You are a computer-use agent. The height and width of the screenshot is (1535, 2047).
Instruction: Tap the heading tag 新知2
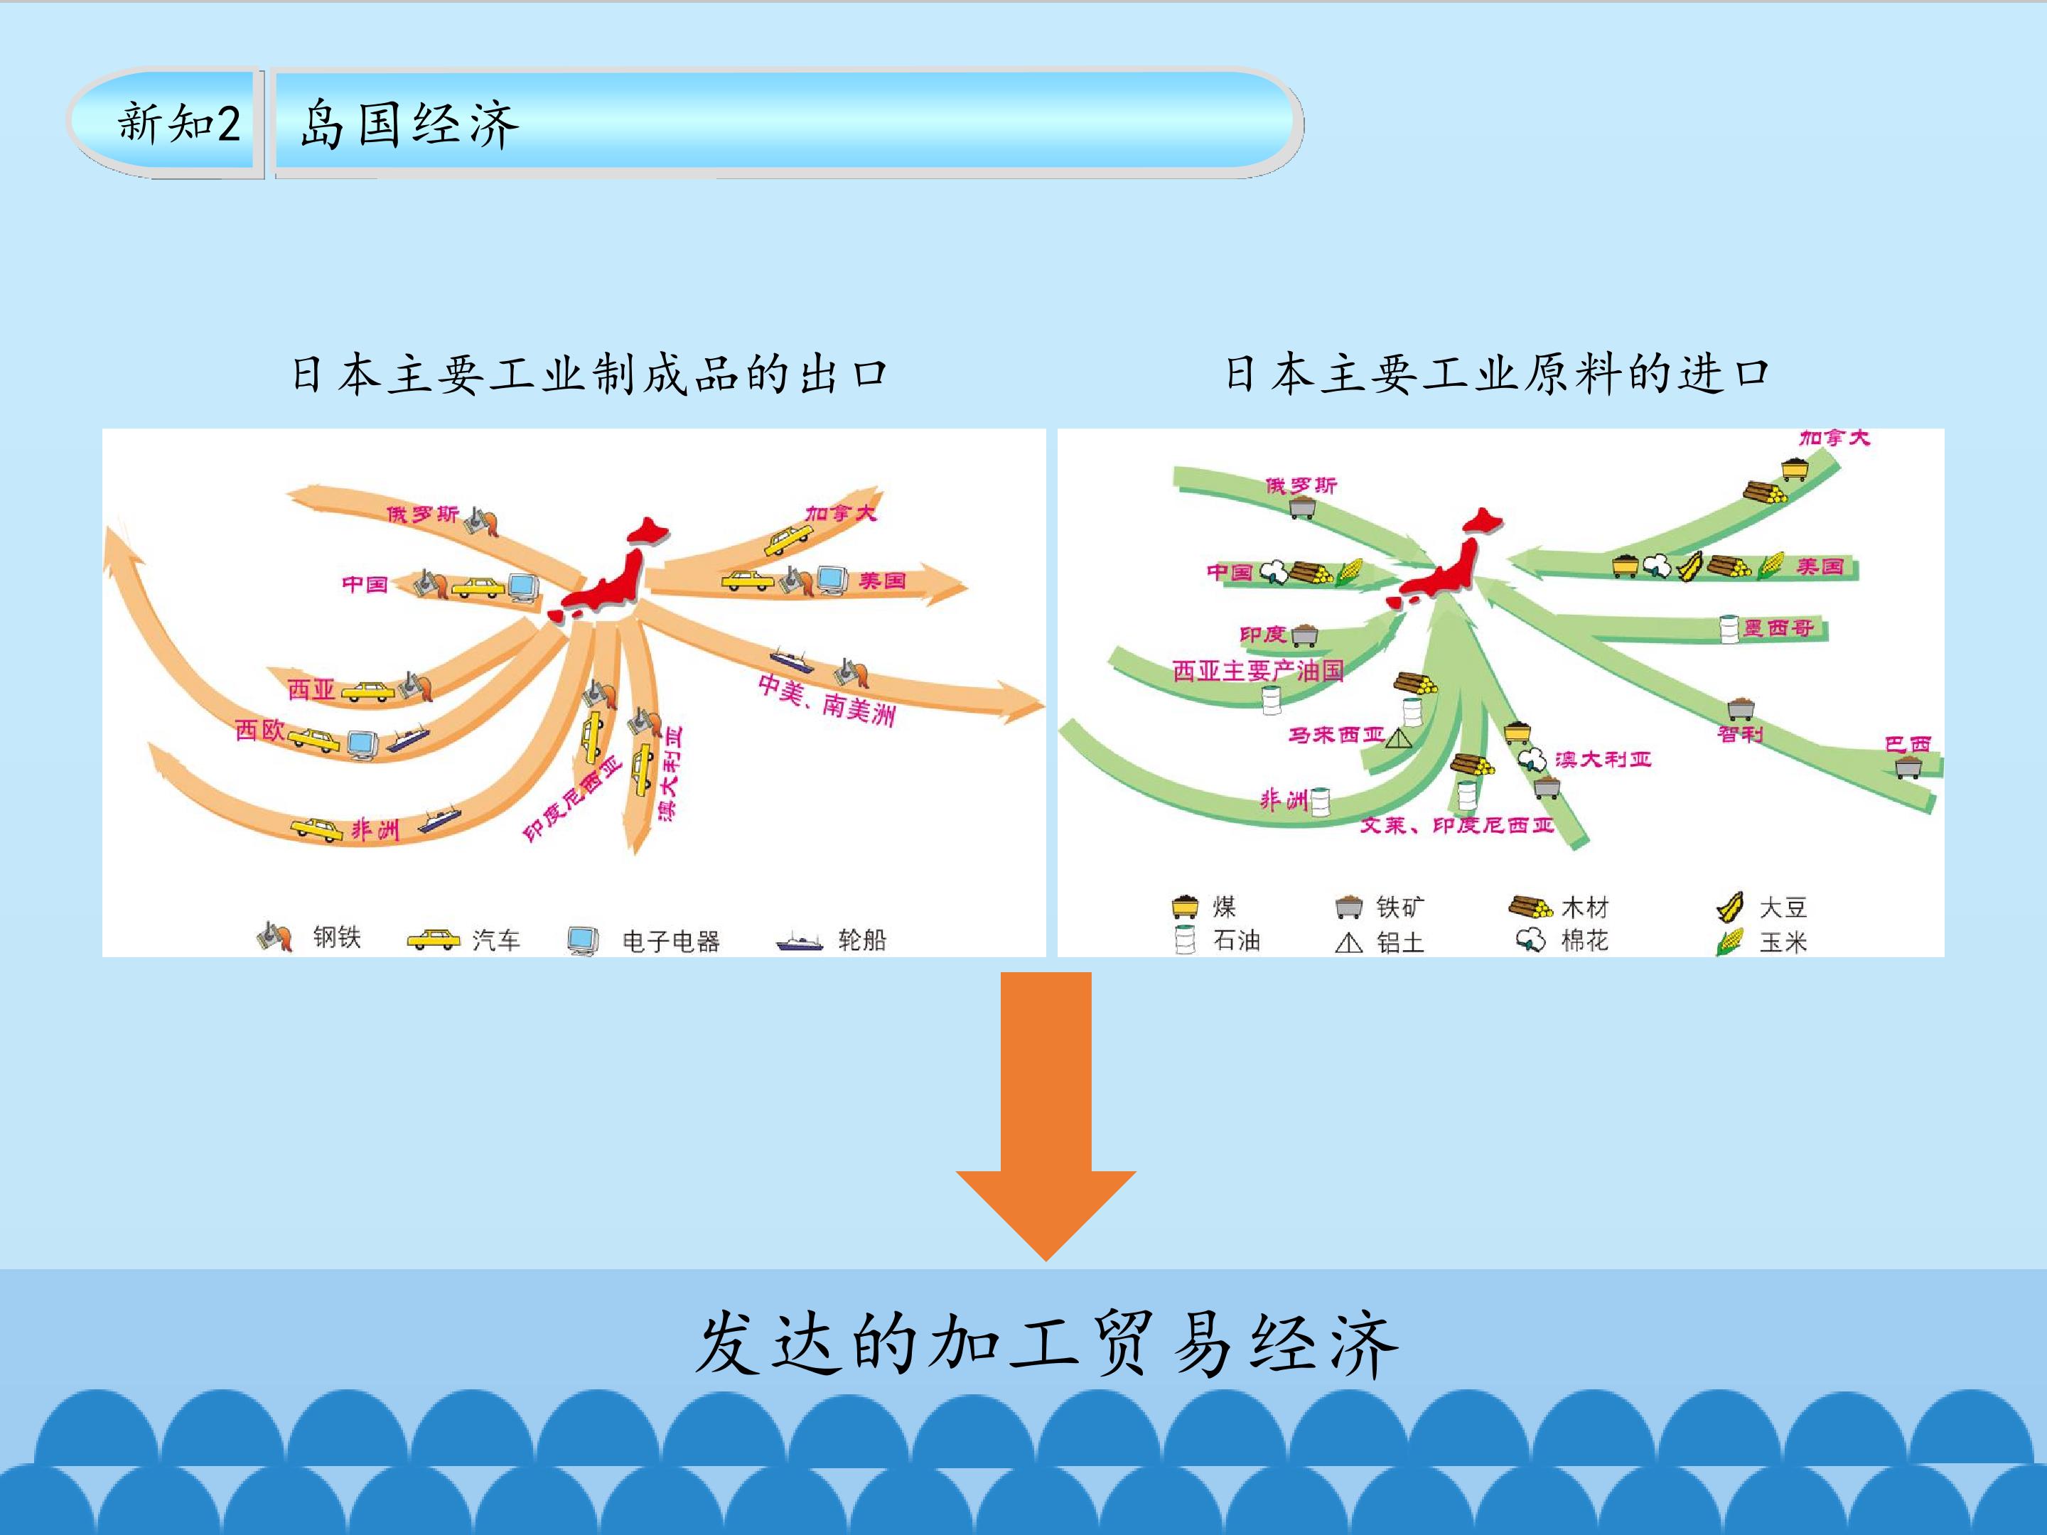coord(178,123)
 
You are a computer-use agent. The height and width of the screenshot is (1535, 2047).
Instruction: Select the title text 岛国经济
coord(408,124)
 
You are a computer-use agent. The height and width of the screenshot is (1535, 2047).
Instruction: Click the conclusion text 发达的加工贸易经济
coord(1046,1346)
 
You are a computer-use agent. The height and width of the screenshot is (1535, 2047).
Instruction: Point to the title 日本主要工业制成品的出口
coord(589,375)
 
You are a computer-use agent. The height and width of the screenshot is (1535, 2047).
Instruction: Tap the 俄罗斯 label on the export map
coord(422,514)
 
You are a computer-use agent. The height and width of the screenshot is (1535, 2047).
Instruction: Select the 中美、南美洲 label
coord(827,699)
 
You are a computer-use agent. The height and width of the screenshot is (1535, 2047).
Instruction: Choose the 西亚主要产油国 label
coord(1257,670)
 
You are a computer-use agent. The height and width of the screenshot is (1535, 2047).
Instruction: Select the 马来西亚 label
coord(1336,735)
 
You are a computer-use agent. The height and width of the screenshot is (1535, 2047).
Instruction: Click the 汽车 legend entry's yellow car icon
coord(433,940)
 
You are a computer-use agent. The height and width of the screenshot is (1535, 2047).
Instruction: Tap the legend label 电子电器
coord(671,942)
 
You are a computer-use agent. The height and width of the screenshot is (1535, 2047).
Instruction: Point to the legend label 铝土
coord(1400,942)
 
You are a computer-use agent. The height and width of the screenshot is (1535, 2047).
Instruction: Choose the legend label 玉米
coord(1783,942)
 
